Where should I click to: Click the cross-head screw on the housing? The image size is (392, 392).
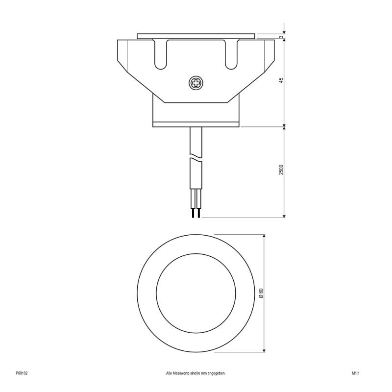click(x=196, y=83)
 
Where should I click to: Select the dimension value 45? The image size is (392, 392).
click(x=281, y=81)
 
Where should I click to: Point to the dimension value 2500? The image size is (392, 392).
click(x=281, y=170)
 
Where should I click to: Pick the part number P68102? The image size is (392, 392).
click(x=22, y=373)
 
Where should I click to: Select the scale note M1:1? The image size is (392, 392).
click(x=356, y=373)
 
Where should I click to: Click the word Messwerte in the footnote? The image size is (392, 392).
click(x=183, y=373)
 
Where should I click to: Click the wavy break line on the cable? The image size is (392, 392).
click(x=196, y=158)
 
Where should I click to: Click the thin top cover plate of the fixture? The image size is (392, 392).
click(x=196, y=36)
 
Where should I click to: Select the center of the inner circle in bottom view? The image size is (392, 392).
click(x=196, y=294)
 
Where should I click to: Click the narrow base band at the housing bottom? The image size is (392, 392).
click(x=196, y=124)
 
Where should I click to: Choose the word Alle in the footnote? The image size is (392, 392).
click(x=170, y=373)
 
